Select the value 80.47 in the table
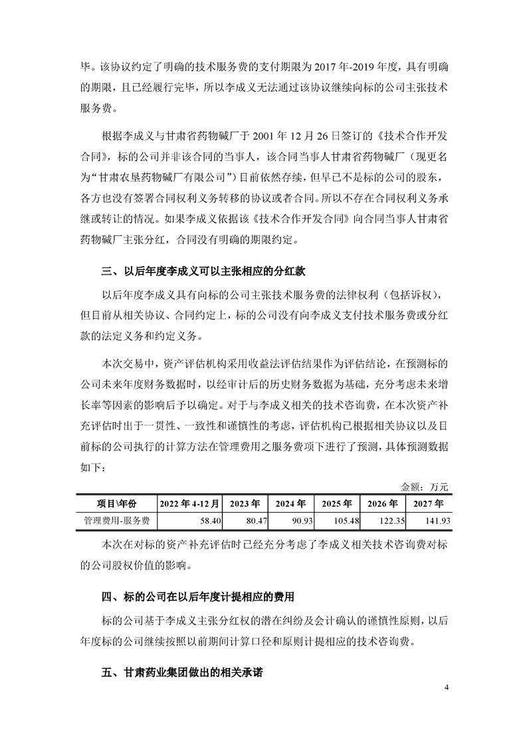256,519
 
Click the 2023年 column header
247,503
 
